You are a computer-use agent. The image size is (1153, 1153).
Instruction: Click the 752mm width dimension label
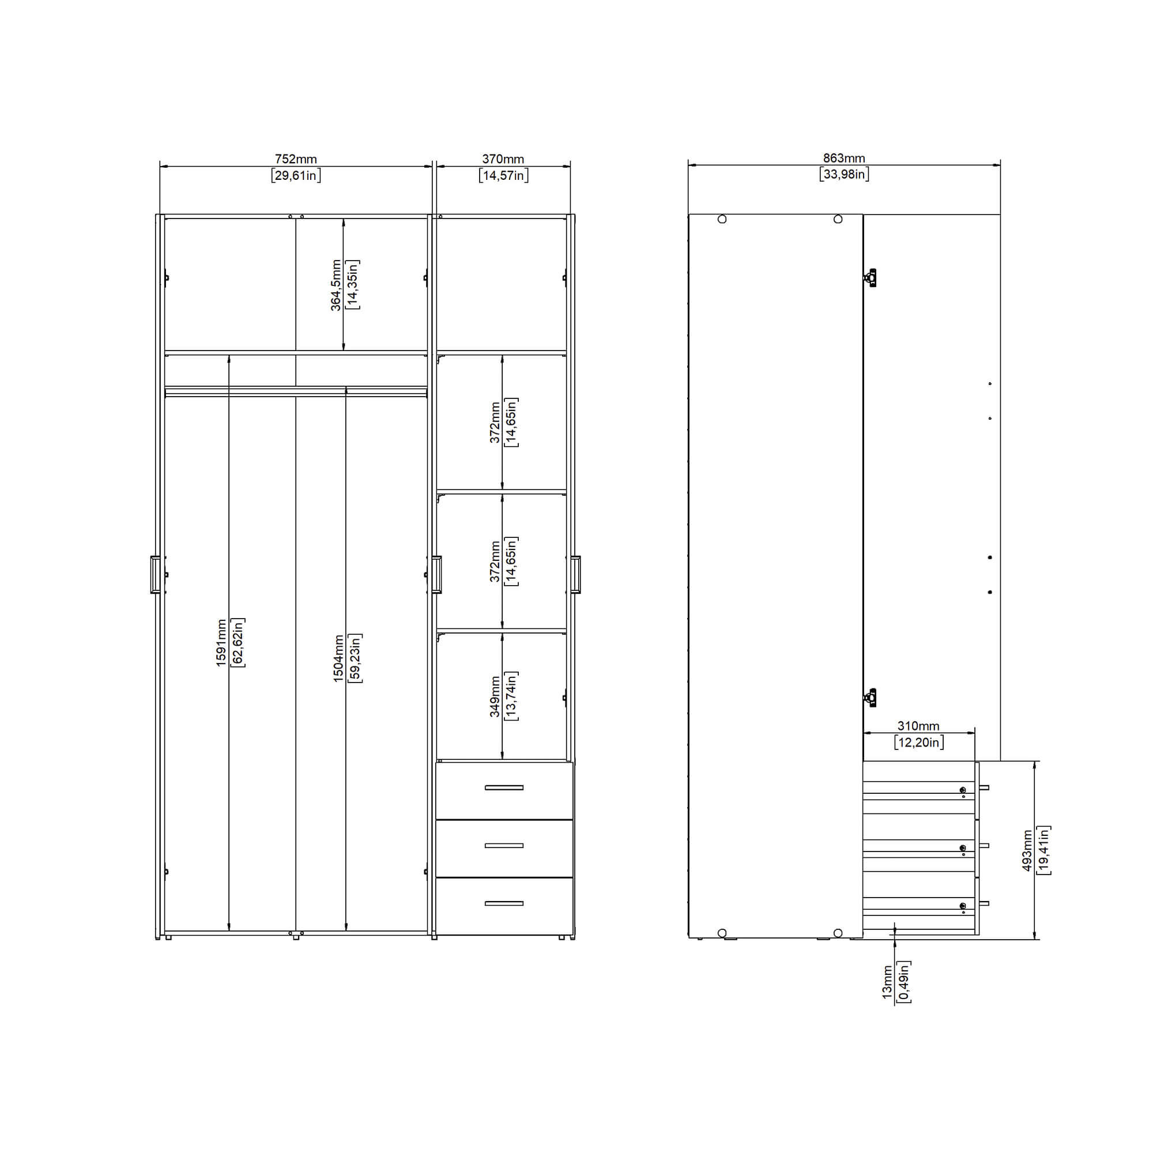pyautogui.click(x=295, y=159)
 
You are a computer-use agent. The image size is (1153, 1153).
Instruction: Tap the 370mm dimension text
pyautogui.click(x=503, y=159)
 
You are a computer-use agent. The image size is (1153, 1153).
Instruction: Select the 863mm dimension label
pyautogui.click(x=844, y=158)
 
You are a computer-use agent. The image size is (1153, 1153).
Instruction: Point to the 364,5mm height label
pyautogui.click(x=336, y=285)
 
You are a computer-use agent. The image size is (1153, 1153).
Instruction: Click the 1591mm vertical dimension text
pyautogui.click(x=221, y=643)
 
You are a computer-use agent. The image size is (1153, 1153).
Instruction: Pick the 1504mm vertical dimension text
pyautogui.click(x=338, y=659)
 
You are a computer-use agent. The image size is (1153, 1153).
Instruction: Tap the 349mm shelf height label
pyautogui.click(x=495, y=696)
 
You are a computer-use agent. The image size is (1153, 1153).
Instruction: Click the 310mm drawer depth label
pyautogui.click(x=918, y=726)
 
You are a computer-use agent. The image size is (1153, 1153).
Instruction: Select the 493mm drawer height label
pyautogui.click(x=1027, y=850)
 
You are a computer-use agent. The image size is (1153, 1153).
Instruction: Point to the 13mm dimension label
pyautogui.click(x=887, y=982)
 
